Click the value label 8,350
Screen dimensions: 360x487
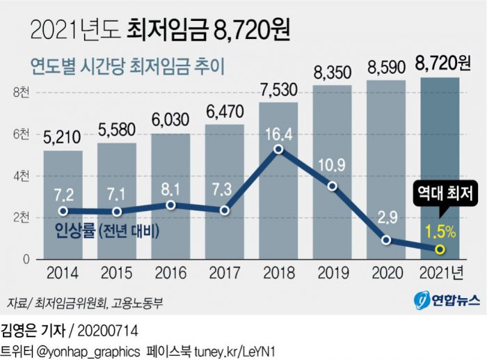tap(333, 72)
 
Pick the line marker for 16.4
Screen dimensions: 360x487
tap(278, 148)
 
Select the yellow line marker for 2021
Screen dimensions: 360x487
tap(440, 249)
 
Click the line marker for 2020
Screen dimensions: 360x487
tap(386, 240)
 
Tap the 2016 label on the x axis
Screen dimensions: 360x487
tap(170, 272)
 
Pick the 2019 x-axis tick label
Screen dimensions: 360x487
tap(333, 272)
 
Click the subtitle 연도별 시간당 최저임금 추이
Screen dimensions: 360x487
tap(129, 66)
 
